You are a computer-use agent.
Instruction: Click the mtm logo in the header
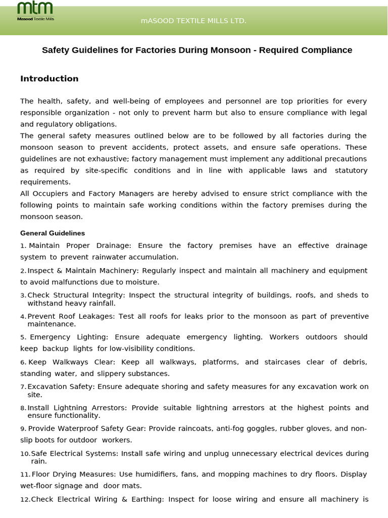tap(35, 11)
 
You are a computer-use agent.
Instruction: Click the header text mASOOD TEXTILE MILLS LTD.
tap(193, 21)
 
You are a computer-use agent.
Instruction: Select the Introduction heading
tap(49, 78)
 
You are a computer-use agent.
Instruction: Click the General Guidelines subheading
tap(53, 233)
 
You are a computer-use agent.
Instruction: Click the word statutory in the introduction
tap(349, 170)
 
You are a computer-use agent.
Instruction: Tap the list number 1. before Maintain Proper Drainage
tap(23, 246)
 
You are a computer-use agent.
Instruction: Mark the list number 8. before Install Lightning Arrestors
tap(23, 408)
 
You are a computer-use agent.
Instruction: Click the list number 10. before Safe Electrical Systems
tap(25, 454)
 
